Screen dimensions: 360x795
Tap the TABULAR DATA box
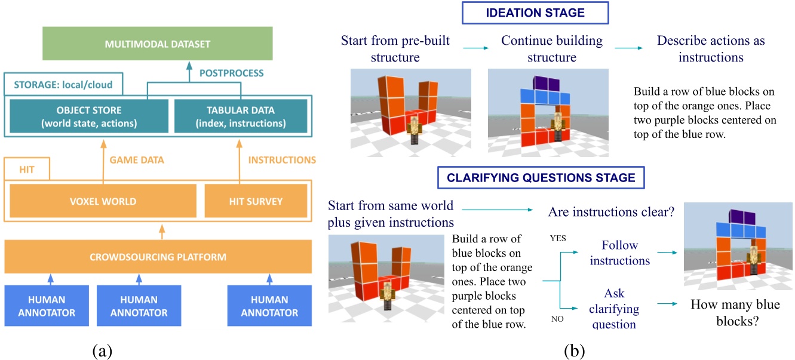[x=240, y=116]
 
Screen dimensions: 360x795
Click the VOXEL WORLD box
[x=103, y=201]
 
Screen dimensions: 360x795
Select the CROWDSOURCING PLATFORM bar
[x=158, y=257]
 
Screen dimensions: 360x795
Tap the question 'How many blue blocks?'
[x=735, y=313]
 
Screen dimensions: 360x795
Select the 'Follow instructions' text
[x=620, y=253]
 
